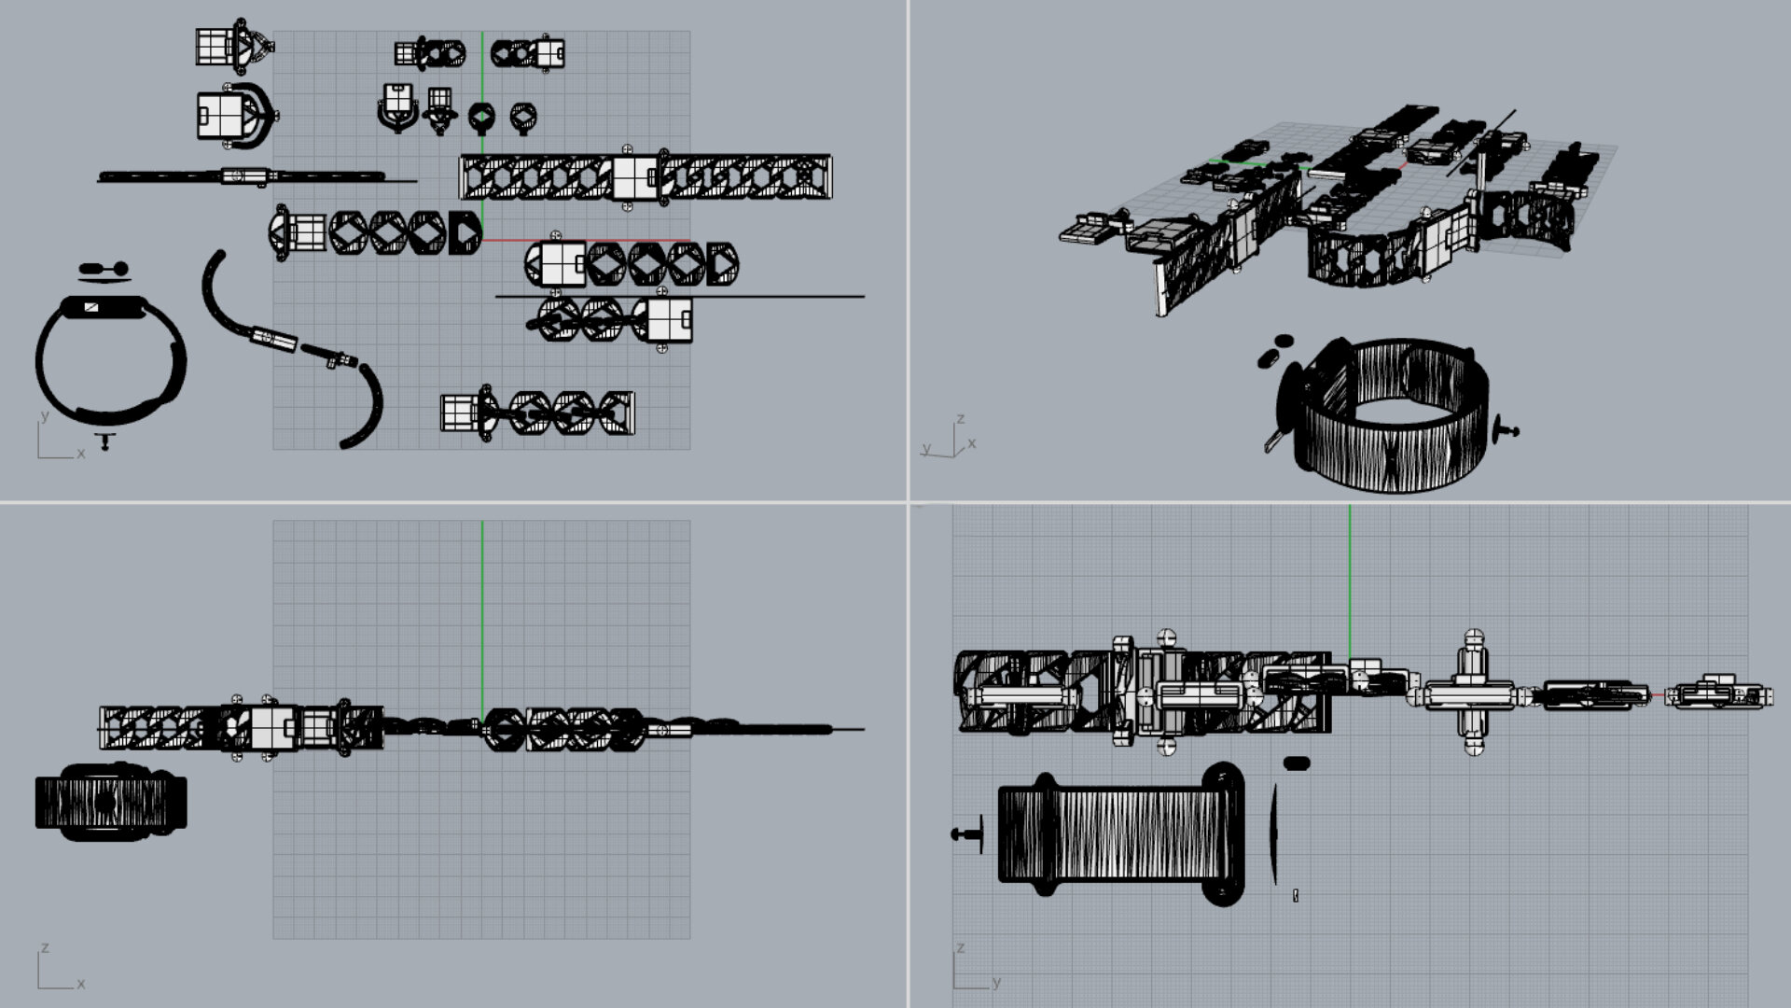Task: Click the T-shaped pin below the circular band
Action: tap(105, 441)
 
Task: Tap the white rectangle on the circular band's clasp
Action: tap(91, 307)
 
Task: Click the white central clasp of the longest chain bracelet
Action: tap(634, 177)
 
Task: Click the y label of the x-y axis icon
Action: tap(44, 416)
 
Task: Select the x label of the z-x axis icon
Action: tap(81, 984)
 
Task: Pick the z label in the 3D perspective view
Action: tap(960, 419)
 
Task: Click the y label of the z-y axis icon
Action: tap(997, 982)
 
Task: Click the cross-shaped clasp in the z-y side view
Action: tap(1473, 693)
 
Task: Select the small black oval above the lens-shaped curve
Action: tap(1297, 763)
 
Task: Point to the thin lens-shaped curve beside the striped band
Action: tap(1274, 833)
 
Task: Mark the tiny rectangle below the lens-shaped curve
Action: tap(1296, 896)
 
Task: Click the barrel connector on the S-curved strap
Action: tap(273, 338)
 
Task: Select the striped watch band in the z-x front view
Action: tap(111, 802)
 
